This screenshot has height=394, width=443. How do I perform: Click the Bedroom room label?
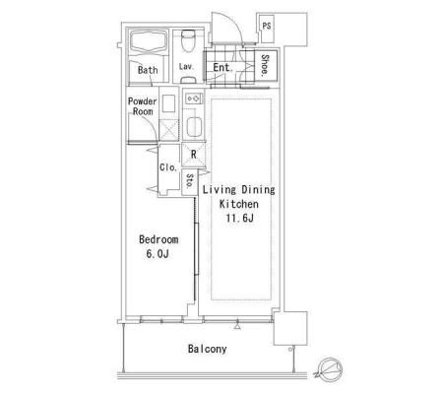[158, 239]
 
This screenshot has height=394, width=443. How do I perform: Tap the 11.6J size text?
[239, 218]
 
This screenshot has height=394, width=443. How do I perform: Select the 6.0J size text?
[158, 253]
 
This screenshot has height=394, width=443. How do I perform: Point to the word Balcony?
[207, 349]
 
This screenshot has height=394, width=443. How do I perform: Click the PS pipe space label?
[267, 26]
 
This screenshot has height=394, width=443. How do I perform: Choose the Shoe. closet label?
[265, 65]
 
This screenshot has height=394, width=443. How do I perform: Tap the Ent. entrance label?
[222, 67]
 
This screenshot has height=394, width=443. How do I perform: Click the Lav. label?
[186, 66]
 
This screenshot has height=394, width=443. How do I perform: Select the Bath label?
[148, 70]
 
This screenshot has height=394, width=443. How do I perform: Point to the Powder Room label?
[143, 106]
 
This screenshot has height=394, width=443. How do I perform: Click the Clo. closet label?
[168, 167]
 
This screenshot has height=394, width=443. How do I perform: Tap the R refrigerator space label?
[194, 155]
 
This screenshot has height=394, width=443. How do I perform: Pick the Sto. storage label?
[190, 180]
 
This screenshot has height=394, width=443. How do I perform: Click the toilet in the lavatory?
[188, 41]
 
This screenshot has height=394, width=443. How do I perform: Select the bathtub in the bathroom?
[148, 41]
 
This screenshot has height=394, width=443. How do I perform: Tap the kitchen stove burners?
[193, 98]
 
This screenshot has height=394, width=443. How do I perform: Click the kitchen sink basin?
[194, 126]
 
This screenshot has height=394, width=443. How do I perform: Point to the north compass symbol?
[330, 369]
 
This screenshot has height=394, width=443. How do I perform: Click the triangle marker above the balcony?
[237, 326]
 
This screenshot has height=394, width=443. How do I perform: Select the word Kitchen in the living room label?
[239, 204]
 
